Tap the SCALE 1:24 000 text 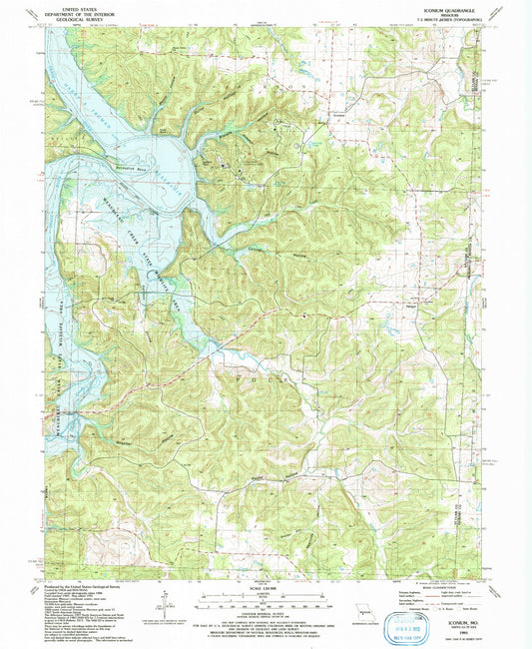266,586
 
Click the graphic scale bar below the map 266,599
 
